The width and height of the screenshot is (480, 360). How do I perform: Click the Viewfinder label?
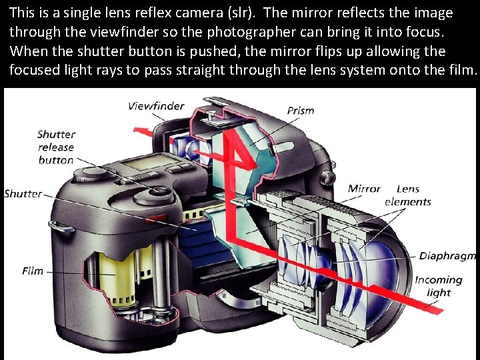point(156,106)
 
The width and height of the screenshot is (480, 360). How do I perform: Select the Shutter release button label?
point(56,147)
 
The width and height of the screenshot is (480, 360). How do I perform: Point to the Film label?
point(32,271)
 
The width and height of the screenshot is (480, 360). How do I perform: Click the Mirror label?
point(363,189)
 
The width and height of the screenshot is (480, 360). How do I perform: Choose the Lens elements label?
point(408,195)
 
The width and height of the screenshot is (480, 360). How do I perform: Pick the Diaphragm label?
point(447,256)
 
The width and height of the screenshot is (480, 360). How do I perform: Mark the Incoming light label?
point(438,286)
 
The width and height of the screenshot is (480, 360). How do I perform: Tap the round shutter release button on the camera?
point(160,192)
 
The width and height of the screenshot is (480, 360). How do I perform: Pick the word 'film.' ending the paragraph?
point(463,71)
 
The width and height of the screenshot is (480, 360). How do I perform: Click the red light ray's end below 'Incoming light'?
point(440,310)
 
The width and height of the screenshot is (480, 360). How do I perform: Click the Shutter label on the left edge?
point(22,194)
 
